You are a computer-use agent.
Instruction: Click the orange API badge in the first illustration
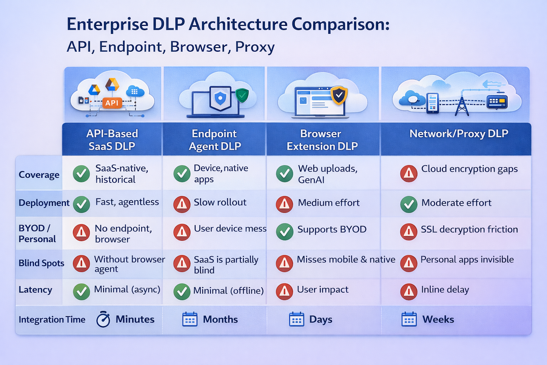pos(112,103)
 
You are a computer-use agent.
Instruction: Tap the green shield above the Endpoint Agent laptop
pos(242,95)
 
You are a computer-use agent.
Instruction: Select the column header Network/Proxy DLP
pos(459,134)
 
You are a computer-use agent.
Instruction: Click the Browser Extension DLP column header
pos(322,140)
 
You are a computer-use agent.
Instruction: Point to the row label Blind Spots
pos(41,263)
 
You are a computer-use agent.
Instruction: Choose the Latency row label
pos(35,290)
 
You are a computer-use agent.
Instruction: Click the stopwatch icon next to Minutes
pos(103,319)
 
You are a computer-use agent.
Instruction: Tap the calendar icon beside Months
pos(190,319)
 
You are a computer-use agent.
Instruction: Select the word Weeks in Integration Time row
pos(438,319)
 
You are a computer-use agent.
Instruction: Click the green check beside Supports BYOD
pos(285,232)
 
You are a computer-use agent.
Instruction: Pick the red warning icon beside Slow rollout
pos(182,204)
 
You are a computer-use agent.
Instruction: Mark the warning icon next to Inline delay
pos(409,292)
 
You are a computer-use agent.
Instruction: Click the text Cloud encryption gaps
pos(469,169)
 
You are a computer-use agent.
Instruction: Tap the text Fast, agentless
pos(127,202)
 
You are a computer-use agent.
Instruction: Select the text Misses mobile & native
pos(346,259)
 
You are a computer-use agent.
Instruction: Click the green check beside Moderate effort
pos(409,204)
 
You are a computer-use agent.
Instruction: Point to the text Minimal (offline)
pos(228,291)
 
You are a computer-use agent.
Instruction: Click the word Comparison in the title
pos(340,25)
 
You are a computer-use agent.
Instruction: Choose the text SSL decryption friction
pos(469,229)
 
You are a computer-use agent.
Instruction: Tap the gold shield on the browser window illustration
pos(339,95)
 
